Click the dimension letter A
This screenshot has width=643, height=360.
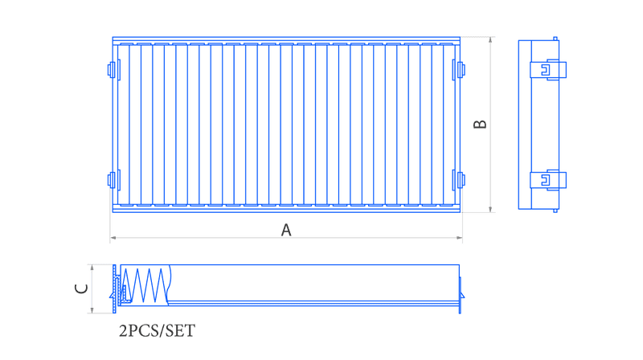[x=286, y=230]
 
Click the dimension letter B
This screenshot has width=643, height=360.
[x=480, y=125]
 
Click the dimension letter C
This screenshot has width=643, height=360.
[x=81, y=288]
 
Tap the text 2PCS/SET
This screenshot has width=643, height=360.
[x=157, y=331]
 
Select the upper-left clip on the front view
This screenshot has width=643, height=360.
[x=113, y=70]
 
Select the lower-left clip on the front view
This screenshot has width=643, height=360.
[x=113, y=180]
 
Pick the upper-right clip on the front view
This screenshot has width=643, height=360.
[x=458, y=70]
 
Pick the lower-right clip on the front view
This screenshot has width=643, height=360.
[x=458, y=180]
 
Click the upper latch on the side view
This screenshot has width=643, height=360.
[x=548, y=70]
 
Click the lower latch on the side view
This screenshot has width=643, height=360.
[x=548, y=180]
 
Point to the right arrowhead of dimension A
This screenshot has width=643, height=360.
[x=459, y=237]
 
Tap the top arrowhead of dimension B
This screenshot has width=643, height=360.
[x=490, y=39]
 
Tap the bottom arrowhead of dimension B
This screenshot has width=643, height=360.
[x=490, y=210]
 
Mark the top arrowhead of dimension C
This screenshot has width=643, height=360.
[x=92, y=268]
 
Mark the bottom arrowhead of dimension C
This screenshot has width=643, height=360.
[x=92, y=310]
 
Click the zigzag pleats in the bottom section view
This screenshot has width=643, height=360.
[x=145, y=285]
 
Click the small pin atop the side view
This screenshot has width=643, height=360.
[x=555, y=39]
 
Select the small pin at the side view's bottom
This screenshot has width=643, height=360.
[x=555, y=211]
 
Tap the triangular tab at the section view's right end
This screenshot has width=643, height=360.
[x=462, y=295]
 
